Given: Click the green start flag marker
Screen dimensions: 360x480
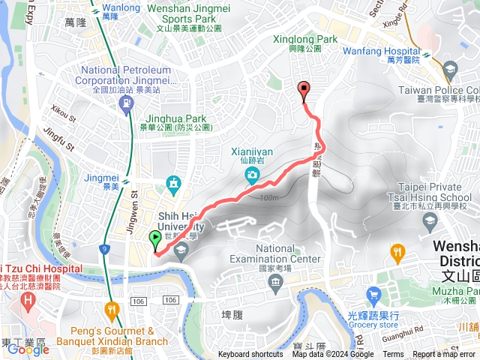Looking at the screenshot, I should click(155, 239).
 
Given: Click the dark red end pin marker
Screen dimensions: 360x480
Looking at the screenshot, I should click(304, 91).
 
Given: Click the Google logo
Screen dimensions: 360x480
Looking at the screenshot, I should click(28, 349).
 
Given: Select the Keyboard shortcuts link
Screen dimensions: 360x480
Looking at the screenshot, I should click(250, 355).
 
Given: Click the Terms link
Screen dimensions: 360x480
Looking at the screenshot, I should click(393, 355).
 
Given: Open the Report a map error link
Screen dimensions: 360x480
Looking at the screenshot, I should click(443, 355).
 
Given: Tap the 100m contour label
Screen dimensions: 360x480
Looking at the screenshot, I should click(268, 197).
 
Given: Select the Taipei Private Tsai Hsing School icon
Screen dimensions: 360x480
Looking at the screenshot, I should click(429, 220).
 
